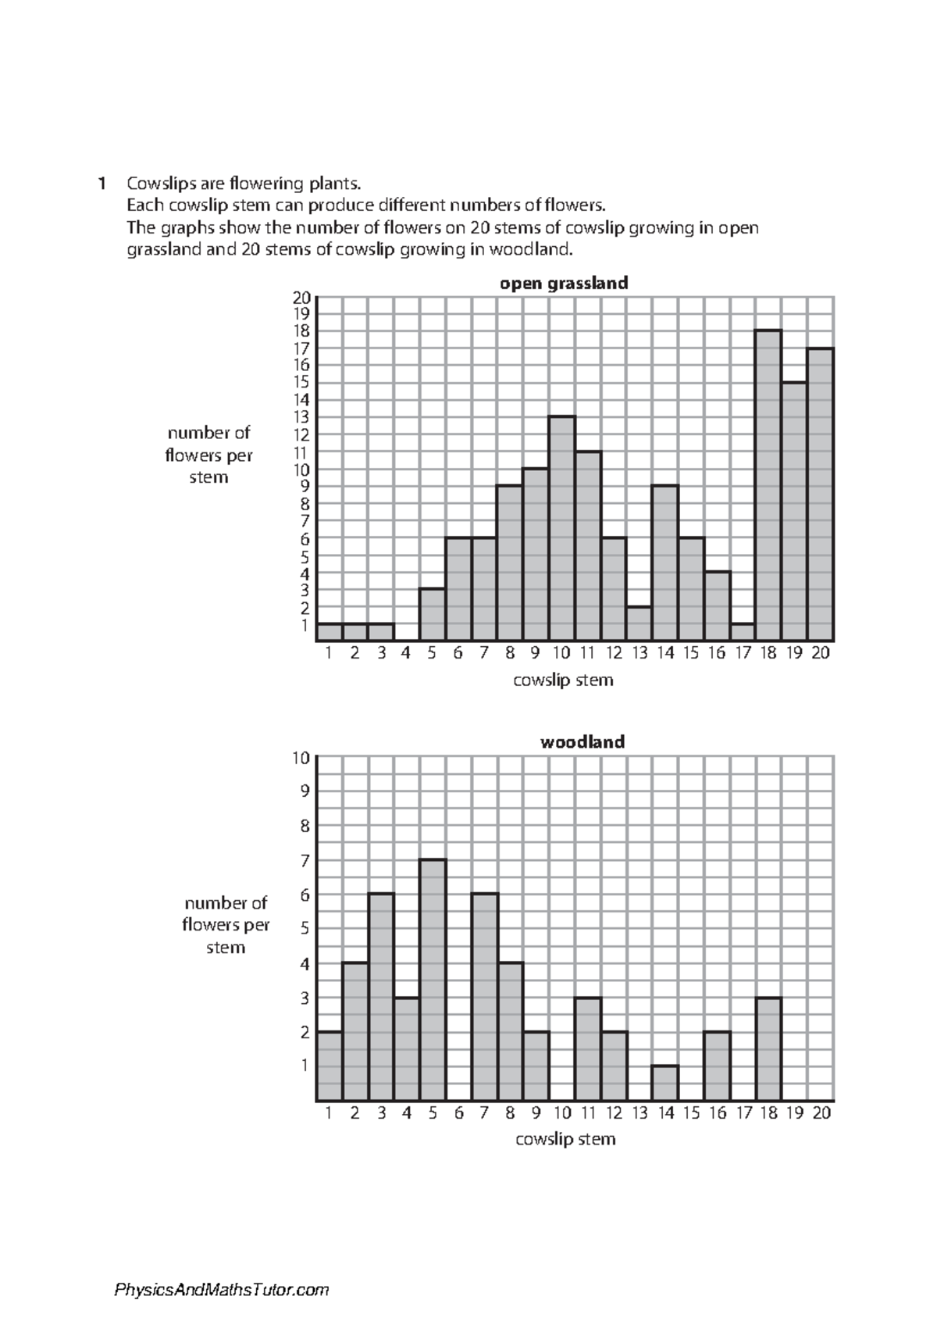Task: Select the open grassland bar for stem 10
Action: tap(561, 528)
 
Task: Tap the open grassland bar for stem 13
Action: tap(639, 623)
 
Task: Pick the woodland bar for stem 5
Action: tap(433, 980)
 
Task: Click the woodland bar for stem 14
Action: tap(664, 1083)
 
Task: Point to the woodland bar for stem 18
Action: tap(768, 1048)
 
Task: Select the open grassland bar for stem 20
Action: tap(821, 494)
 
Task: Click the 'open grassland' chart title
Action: tap(564, 283)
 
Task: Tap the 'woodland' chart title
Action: tap(583, 741)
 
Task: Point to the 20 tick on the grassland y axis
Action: tap(301, 298)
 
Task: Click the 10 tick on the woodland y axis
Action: tap(301, 757)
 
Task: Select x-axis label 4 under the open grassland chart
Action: tap(406, 653)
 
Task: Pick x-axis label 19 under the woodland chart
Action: tap(795, 1112)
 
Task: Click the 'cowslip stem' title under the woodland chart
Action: tap(565, 1139)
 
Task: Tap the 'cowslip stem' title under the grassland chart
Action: tap(563, 680)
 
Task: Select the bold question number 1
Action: tap(102, 184)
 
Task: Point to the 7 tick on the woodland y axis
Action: tap(305, 860)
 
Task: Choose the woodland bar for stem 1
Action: tap(330, 1066)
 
